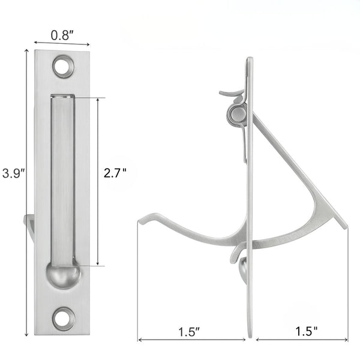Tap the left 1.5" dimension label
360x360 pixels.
coord(190,330)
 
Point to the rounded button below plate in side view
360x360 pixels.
coord(244,269)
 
